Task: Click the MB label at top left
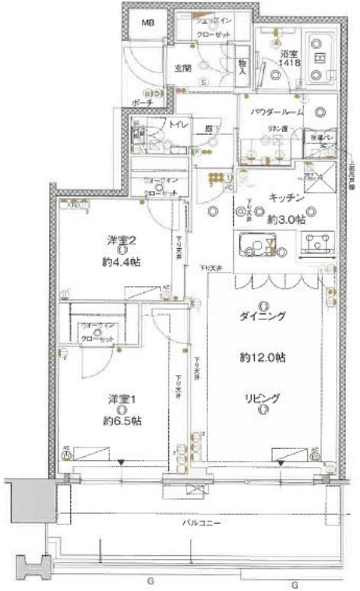tap(147, 23)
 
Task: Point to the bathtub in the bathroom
tap(319, 58)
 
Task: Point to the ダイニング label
tap(263, 316)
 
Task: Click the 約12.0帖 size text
tap(263, 358)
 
